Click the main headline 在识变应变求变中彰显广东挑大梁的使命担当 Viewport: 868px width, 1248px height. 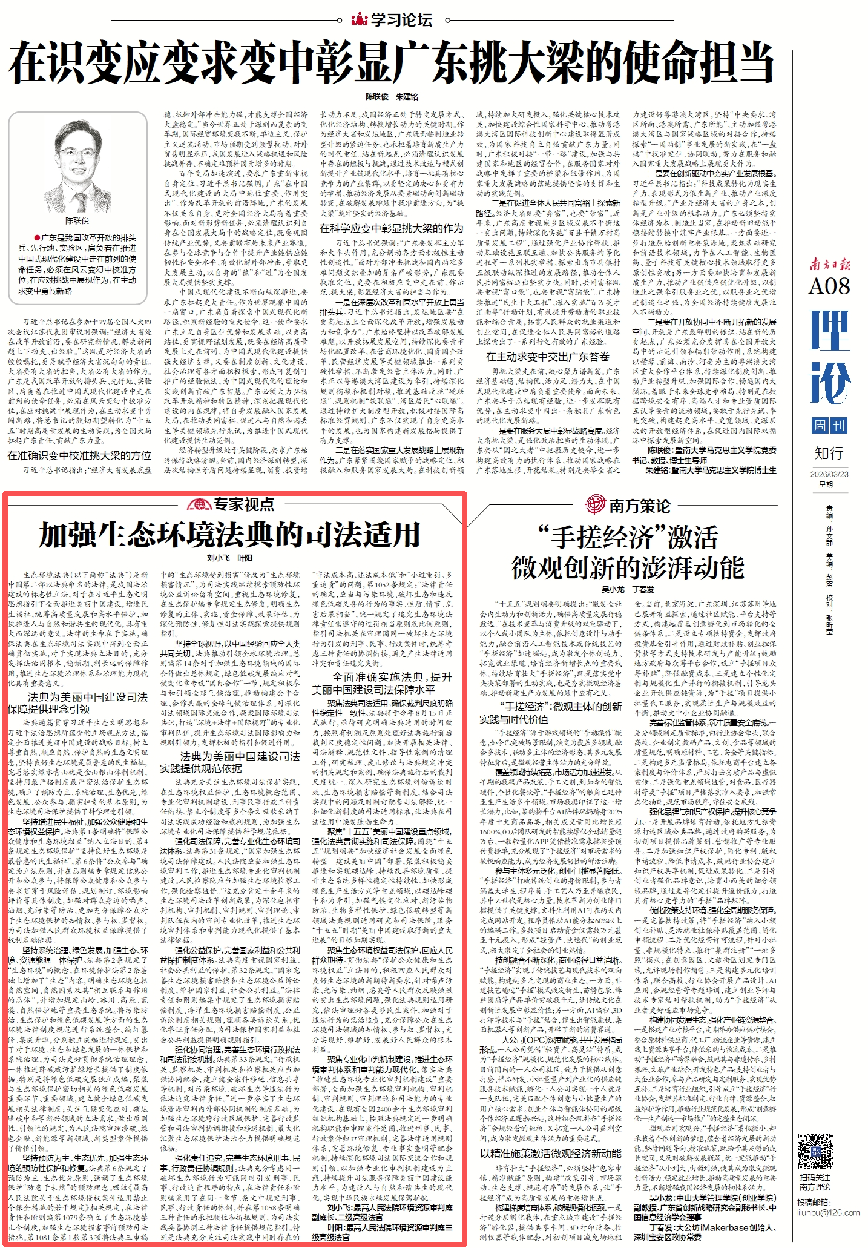point(391,63)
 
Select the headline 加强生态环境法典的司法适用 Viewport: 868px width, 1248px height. point(229,535)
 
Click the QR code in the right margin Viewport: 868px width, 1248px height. point(815,1151)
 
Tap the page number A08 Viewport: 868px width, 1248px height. point(829,286)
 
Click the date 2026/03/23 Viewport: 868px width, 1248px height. point(829,474)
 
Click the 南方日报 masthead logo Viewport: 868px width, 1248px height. point(830,263)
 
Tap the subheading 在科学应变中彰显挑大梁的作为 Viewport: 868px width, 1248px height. point(391,228)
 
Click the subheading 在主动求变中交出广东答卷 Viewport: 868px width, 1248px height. point(547,357)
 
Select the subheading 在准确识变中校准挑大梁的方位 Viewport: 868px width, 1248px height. point(79,455)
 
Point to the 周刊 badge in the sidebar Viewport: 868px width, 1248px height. point(829,425)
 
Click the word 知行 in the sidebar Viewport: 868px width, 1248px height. point(829,453)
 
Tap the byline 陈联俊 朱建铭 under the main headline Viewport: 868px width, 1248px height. point(391,97)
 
